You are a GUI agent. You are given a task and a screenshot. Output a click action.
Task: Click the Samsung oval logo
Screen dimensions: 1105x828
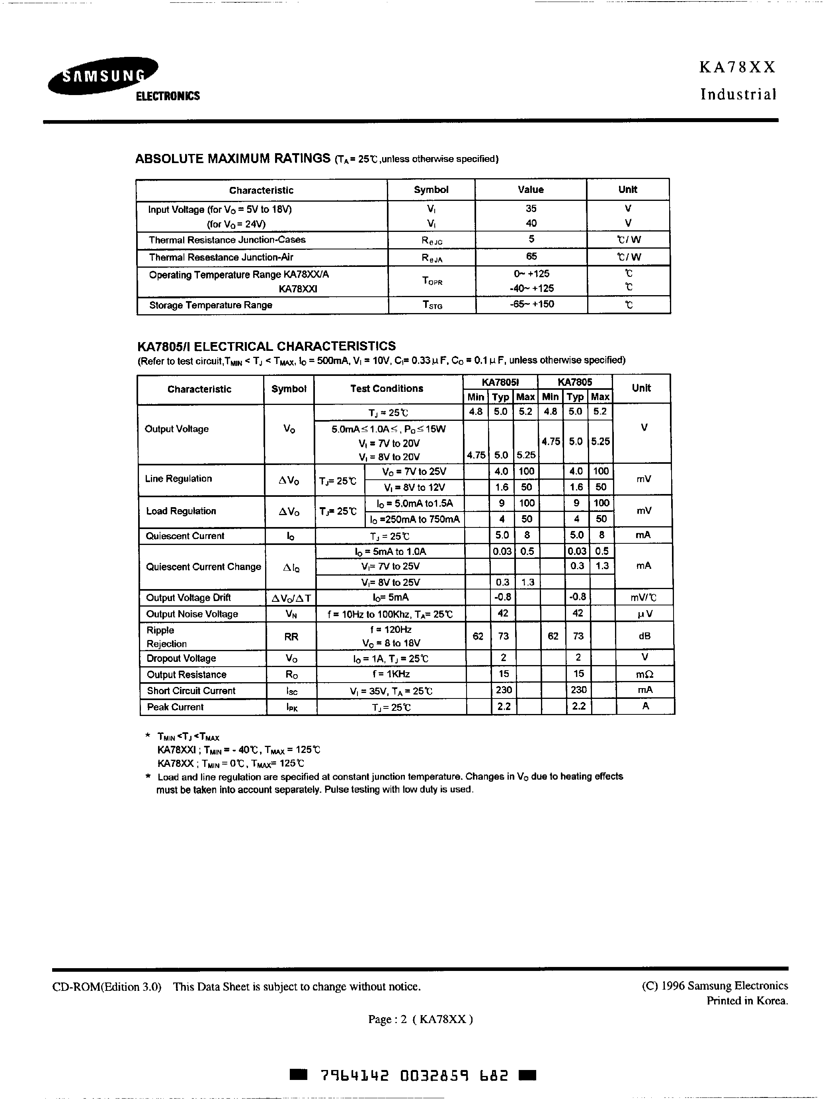(102, 76)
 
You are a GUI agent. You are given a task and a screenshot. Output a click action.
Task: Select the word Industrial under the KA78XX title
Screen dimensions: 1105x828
(738, 94)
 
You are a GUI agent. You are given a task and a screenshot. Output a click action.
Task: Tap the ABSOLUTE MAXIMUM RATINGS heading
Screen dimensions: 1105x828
(232, 158)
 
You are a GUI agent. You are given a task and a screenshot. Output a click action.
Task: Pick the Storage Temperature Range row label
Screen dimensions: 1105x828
(211, 305)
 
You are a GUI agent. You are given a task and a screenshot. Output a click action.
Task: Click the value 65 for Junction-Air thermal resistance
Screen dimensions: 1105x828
(531, 256)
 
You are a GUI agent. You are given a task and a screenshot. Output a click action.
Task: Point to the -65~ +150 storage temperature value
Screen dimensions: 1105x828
(531, 304)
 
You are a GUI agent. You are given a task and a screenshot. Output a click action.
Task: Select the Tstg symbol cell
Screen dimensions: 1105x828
(432, 305)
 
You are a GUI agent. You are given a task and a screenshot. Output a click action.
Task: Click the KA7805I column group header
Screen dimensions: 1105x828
(500, 382)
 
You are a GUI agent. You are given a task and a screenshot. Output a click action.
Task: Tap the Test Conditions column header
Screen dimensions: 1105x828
(387, 389)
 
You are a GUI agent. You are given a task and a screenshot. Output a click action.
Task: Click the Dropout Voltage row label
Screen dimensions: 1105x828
(181, 658)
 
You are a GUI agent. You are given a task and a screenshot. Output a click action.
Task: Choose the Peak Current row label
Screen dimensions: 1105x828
(175, 707)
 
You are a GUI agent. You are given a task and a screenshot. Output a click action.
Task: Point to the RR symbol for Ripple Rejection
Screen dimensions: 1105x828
(291, 636)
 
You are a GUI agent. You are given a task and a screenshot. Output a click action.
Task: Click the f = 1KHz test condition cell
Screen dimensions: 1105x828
(391, 674)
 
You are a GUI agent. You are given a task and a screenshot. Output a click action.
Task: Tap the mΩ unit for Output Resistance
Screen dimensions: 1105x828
(644, 674)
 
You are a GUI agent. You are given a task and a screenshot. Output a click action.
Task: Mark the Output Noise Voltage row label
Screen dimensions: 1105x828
(192, 614)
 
